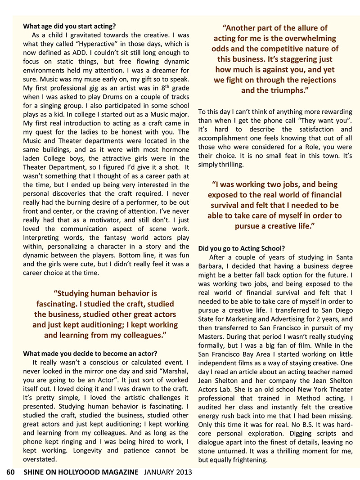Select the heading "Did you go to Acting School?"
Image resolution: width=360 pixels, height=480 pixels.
point(241,248)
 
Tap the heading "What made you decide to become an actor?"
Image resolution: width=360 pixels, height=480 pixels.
point(90,353)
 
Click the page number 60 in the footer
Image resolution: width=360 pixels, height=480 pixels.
point(10,472)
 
